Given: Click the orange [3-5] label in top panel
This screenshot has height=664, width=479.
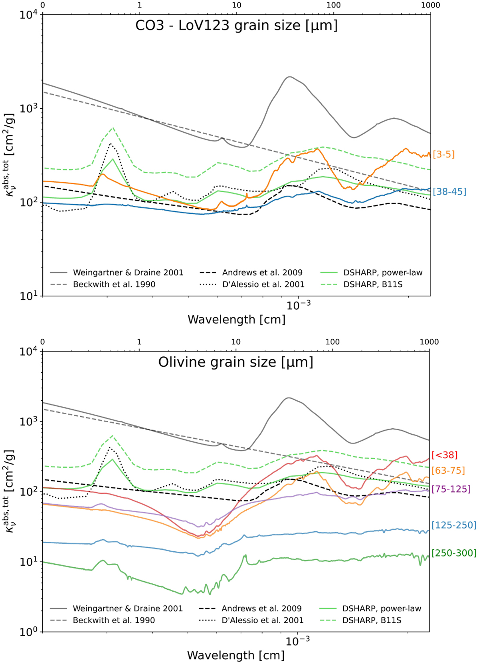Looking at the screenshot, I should coord(443,154).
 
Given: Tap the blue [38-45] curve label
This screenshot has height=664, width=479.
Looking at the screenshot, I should coord(449,191).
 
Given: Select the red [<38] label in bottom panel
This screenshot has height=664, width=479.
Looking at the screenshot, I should coord(444,455).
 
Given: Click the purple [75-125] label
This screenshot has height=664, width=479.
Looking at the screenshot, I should coord(451,489).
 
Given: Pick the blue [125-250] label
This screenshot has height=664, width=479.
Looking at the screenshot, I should coord(454,525).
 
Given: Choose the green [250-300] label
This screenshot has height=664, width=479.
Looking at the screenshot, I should coord(454,553).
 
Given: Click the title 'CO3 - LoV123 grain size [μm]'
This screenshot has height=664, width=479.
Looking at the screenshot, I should coord(236,26).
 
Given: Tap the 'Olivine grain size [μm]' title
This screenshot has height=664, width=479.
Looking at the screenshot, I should coord(236,362).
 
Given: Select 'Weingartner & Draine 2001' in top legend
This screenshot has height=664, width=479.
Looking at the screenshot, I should coord(128,272).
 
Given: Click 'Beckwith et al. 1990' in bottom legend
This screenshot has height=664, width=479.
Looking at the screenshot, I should coord(114,620).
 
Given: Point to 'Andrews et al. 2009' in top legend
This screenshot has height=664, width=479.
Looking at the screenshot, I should coord(262,272).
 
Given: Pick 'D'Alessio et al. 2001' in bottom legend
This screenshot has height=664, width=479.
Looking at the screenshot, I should coord(262,620).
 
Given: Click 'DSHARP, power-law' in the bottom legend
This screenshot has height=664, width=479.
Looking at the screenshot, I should coord(382,608).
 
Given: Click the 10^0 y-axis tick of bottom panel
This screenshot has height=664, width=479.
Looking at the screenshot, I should coord(29,632).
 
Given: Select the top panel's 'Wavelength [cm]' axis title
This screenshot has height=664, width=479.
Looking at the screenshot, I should coord(236,320).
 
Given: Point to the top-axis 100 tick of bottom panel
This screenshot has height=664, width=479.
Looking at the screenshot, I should coord(333,342).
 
